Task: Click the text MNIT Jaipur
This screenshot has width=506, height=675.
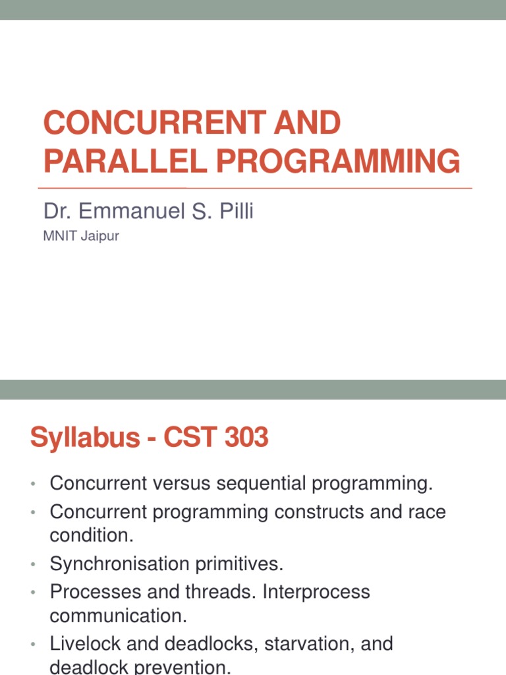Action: (81, 236)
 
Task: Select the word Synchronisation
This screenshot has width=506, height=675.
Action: (119, 564)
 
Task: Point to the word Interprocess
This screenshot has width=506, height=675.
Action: (316, 591)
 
